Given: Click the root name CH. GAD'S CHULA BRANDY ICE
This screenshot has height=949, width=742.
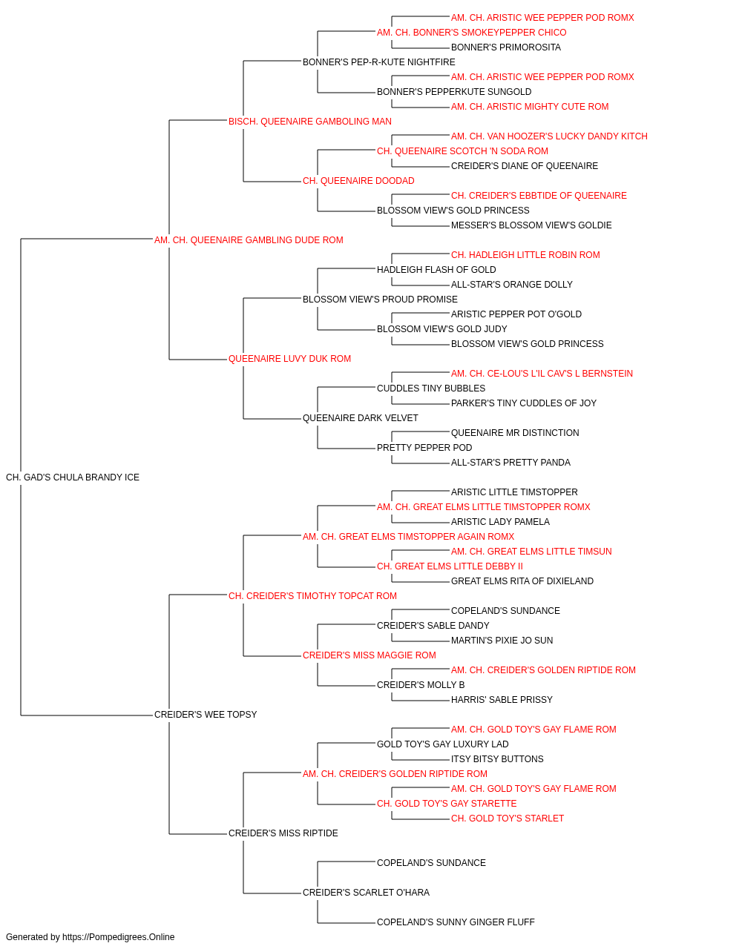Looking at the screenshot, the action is click(73, 477).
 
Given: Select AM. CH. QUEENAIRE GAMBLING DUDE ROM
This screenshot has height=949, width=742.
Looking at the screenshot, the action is click(249, 240).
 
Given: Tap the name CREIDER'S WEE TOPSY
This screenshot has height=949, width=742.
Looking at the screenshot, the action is click(206, 715).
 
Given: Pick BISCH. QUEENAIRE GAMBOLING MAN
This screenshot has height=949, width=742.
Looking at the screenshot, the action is click(310, 122).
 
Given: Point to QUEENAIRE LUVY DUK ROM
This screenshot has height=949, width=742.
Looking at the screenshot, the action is click(289, 359).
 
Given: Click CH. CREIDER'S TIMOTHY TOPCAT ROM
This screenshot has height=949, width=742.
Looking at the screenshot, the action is click(312, 595).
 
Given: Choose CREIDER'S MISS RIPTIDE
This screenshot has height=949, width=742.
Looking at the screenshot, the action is click(283, 833).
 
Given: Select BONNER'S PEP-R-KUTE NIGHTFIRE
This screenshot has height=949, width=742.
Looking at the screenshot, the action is click(379, 62).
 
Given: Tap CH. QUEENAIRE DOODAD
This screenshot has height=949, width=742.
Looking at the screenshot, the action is click(358, 181).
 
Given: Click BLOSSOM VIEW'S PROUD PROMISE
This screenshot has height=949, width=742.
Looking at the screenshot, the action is click(380, 299).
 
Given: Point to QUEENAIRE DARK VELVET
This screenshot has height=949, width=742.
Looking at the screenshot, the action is click(361, 418).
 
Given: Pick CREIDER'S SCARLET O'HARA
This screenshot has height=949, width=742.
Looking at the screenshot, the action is click(367, 892).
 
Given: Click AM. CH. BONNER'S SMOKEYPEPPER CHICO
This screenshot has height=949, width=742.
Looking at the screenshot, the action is click(471, 33).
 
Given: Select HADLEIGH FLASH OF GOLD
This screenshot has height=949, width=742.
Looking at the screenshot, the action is click(436, 269).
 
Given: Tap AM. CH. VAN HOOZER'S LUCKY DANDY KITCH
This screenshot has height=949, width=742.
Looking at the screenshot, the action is click(549, 136).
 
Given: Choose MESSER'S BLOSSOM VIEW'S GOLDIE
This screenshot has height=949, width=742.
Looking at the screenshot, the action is click(531, 225).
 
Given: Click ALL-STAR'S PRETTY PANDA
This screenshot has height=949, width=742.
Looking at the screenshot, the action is click(510, 463).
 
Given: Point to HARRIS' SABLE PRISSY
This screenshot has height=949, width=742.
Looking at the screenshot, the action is click(502, 700).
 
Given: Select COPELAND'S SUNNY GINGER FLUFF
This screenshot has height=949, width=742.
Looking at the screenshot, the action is click(456, 922).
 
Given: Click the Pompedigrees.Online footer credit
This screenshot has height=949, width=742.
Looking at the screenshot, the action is click(90, 937).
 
